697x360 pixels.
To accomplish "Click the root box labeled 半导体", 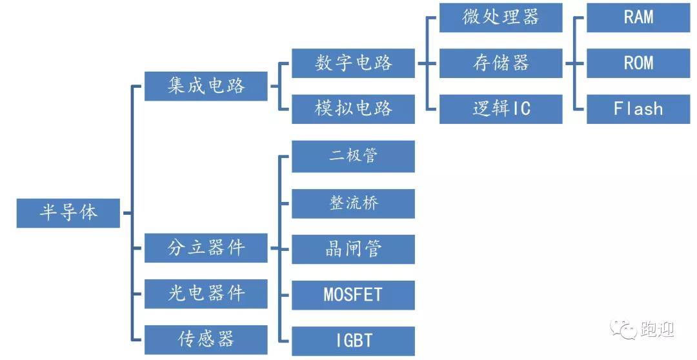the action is coord(68,213).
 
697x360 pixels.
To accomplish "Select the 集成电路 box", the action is coord(206,86).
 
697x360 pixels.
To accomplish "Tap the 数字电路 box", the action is coord(353,63).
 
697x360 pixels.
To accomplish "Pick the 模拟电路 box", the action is coord(353,109).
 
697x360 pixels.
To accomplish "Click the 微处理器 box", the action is coord(501,17).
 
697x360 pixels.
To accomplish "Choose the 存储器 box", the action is coord(501,63).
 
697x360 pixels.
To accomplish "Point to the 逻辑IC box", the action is coord(501,109).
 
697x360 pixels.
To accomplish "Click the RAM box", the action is coord(638,17).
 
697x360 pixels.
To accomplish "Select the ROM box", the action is coord(638,63).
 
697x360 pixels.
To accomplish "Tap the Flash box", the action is coord(638,109).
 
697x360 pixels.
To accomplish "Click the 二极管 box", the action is coord(353,156).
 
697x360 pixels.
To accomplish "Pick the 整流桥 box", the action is coord(353,204).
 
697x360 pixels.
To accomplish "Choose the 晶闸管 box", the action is coord(353,249).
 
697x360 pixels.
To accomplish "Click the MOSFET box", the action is coord(353,295).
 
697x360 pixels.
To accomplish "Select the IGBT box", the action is coord(353,341).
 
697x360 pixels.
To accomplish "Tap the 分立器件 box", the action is coord(206,248).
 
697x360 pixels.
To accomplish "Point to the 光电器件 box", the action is coord(206,294).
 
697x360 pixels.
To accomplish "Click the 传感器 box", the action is coord(206,339).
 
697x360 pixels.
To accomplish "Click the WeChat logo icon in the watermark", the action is coord(623,329).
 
